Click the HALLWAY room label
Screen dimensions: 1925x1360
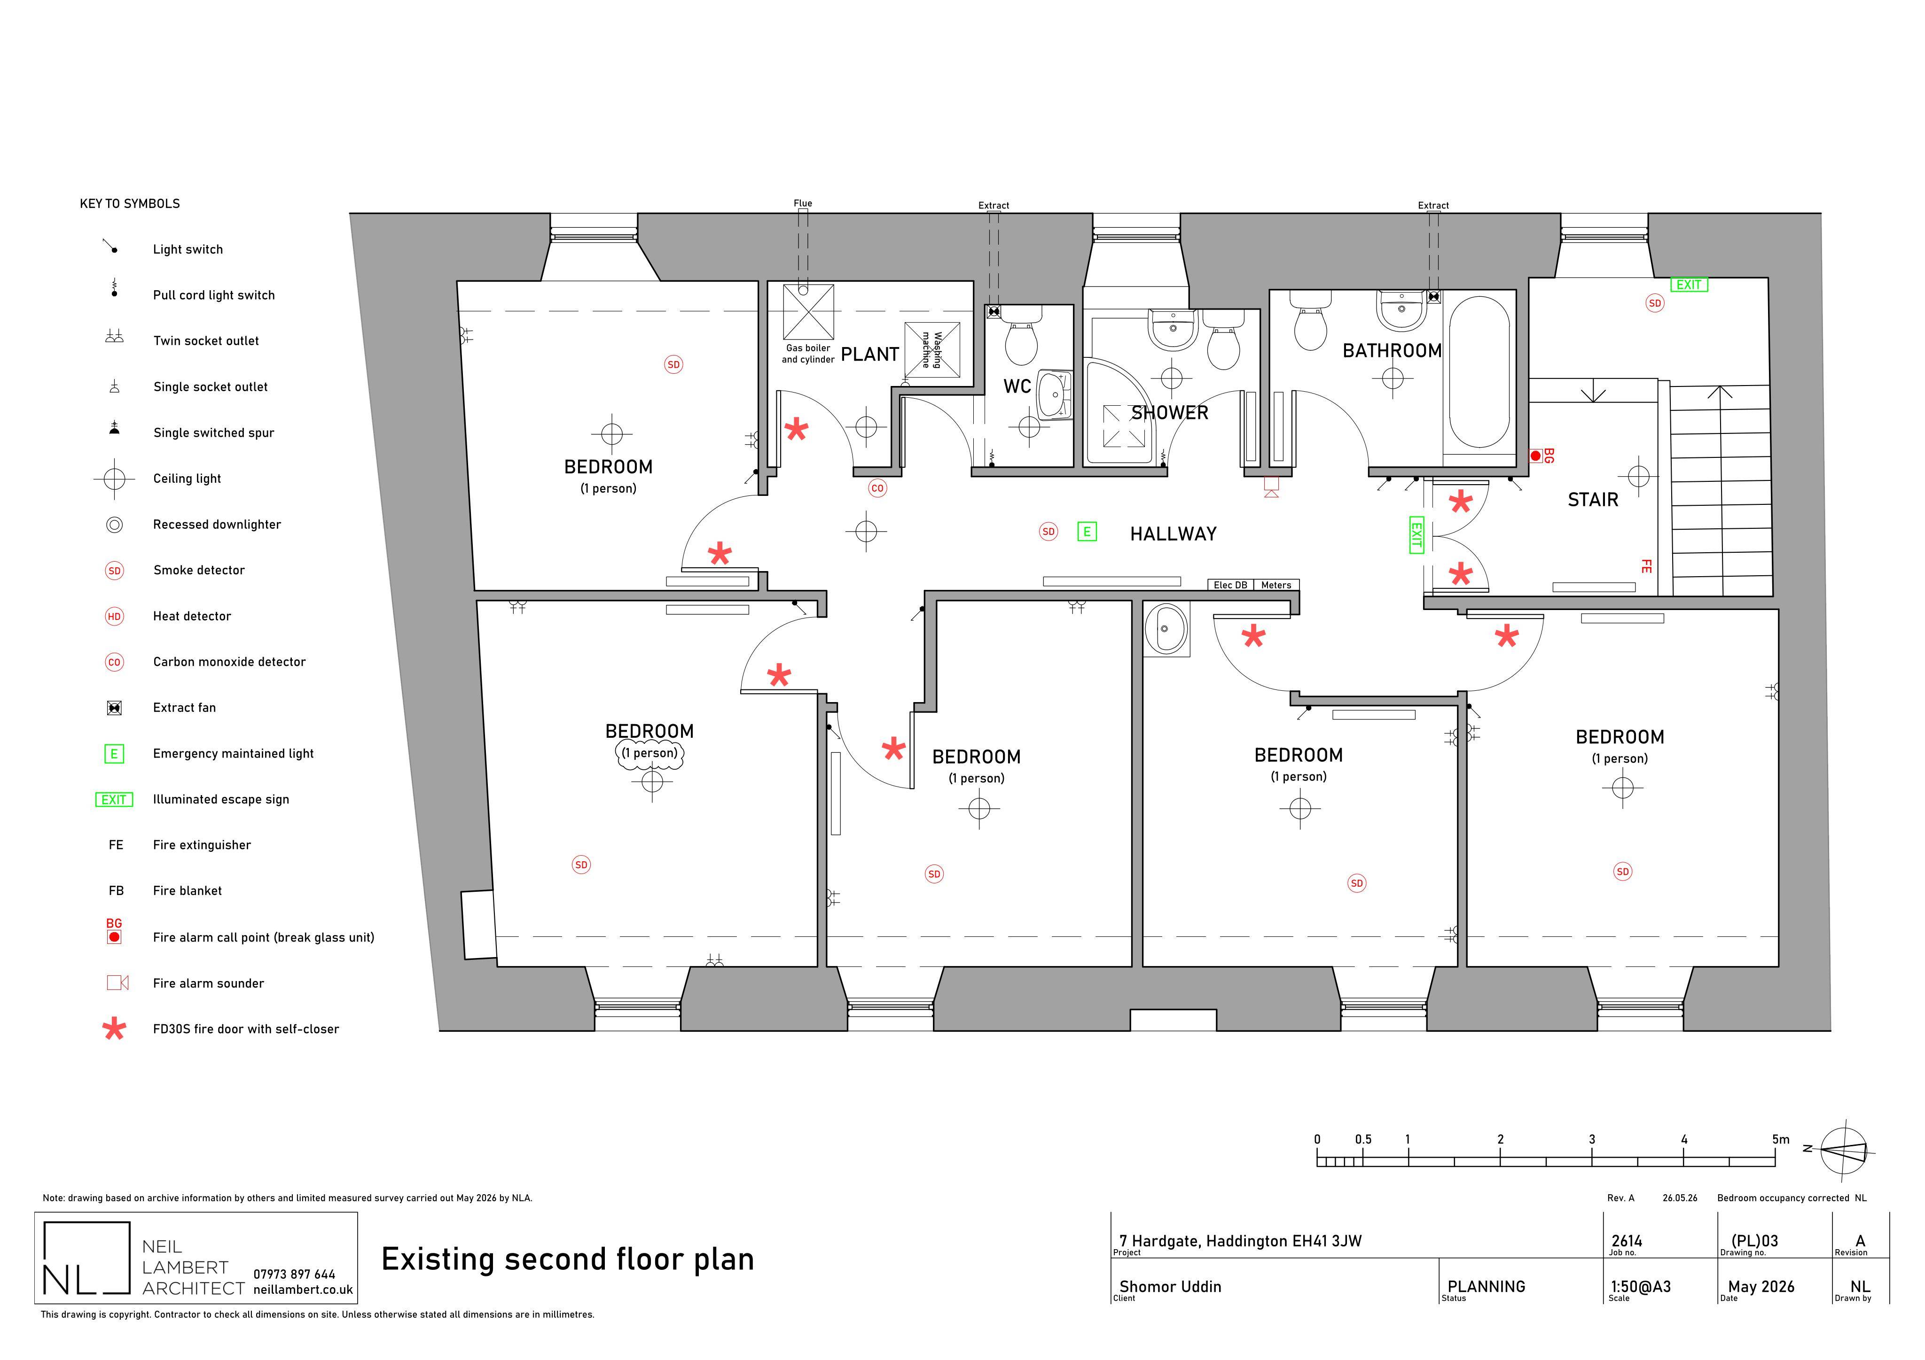coord(1173,534)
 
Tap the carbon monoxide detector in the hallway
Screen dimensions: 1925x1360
coord(877,487)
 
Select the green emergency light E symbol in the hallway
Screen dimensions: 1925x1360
coord(1087,531)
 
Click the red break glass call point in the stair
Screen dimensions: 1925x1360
coord(1535,456)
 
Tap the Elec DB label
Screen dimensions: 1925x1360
coord(1230,585)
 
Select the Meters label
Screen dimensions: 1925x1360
coord(1276,585)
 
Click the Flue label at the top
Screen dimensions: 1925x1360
coord(802,203)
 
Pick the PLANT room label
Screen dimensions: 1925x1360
coord(869,355)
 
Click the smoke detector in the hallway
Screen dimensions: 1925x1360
coord(1048,531)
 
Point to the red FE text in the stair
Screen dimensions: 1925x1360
coord(1646,566)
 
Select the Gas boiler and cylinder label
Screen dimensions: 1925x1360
coord(808,354)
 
